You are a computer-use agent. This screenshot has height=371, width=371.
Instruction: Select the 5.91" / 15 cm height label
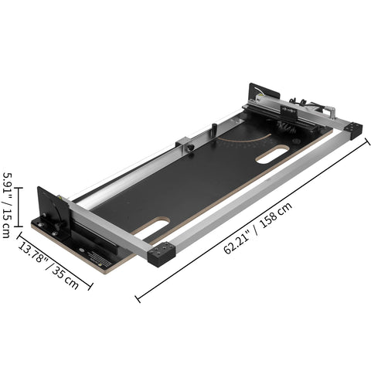(8, 204)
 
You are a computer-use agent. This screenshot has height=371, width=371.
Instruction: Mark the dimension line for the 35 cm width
(58, 268)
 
